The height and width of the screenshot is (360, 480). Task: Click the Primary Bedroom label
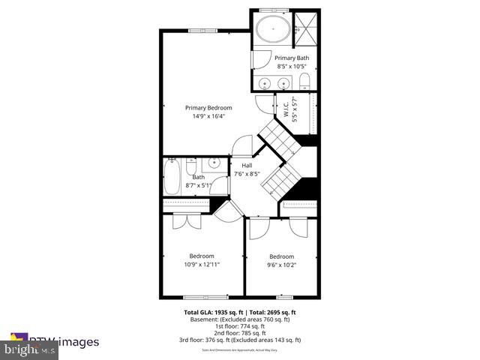pos(208,108)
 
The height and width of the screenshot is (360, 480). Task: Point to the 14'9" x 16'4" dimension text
pos(208,116)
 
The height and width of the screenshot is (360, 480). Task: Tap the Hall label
pos(246,166)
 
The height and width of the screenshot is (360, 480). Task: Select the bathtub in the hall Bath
pos(172,177)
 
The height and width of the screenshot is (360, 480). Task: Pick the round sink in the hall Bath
pos(214,161)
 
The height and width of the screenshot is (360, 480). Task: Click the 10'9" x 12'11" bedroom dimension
pos(201,264)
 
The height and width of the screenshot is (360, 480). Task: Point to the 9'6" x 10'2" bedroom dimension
pos(281,264)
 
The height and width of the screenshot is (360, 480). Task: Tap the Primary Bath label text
pos(290,58)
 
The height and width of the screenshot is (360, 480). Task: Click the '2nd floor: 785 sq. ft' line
pos(240,333)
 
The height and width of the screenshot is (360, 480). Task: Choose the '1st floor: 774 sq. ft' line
pos(240,326)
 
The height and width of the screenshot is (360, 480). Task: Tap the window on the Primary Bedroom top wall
pos(205,31)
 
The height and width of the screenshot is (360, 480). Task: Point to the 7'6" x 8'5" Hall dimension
pos(247,174)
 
